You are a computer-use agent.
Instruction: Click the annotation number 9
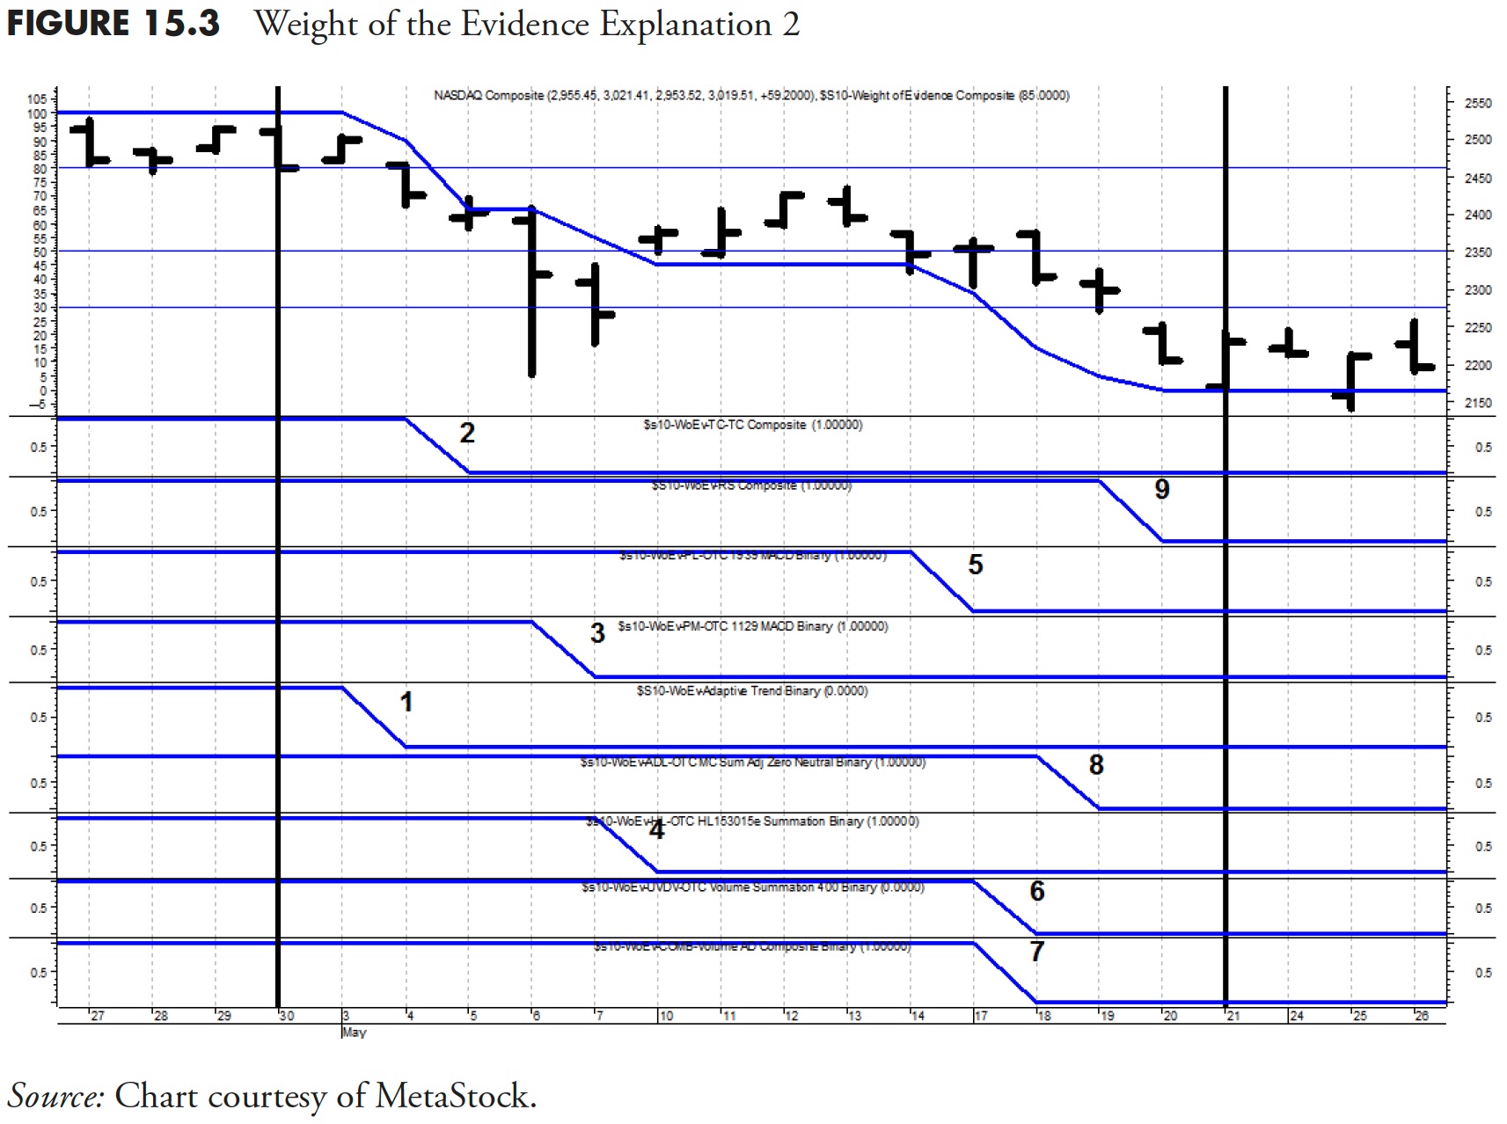click(x=1161, y=489)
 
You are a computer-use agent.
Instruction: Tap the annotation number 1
click(x=406, y=702)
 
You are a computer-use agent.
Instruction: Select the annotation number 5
click(x=975, y=565)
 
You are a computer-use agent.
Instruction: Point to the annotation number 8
click(x=1095, y=765)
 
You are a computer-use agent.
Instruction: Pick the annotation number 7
click(x=1036, y=951)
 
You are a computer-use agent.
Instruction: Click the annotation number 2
click(x=467, y=433)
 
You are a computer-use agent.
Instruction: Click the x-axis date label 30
click(x=287, y=1016)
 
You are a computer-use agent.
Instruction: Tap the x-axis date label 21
click(x=1233, y=1016)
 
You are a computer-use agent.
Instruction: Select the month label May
click(x=353, y=1032)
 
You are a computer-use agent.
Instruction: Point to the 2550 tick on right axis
click(x=1478, y=103)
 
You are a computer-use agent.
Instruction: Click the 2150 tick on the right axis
click(x=1478, y=403)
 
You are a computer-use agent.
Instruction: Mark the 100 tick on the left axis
click(x=36, y=113)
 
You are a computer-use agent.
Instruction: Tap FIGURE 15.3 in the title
click(x=113, y=24)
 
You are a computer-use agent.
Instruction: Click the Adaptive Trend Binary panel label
click(x=752, y=691)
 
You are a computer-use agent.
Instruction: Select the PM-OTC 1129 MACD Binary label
click(x=752, y=626)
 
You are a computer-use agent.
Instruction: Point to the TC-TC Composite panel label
click(x=752, y=425)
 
